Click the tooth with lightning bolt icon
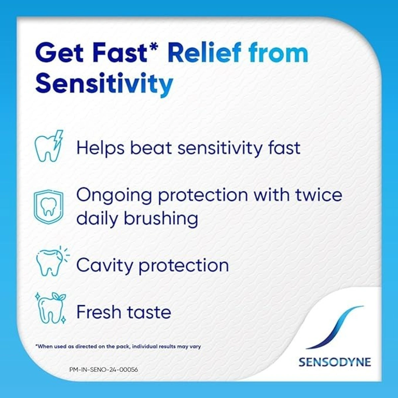pos(49,146)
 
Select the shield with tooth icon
pos(48,207)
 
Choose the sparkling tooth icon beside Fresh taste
pos(50,308)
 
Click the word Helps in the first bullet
pos(100,148)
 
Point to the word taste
pos(149,312)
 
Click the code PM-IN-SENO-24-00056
pos(104,369)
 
